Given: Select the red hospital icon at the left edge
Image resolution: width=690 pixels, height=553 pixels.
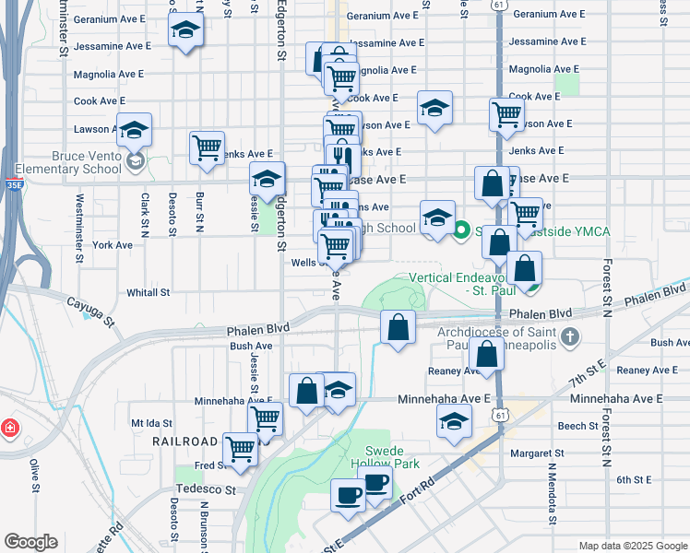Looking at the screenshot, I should [9, 428].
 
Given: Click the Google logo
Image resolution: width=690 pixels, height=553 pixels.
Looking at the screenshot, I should [30, 542].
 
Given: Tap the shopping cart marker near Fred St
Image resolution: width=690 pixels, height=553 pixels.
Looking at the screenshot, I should [241, 449].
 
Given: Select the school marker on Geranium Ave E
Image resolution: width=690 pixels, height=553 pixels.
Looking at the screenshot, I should [186, 30].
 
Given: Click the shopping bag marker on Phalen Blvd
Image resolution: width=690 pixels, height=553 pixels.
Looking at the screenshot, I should [398, 327].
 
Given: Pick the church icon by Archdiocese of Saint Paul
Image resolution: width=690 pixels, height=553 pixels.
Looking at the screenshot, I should [570, 337].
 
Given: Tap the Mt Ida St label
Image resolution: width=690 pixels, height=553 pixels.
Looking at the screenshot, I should [151, 422].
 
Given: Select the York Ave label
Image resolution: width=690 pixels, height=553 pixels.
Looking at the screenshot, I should [113, 245].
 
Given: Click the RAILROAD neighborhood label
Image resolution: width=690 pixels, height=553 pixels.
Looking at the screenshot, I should [185, 441].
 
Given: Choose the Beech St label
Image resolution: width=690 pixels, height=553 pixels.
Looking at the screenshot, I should [578, 426].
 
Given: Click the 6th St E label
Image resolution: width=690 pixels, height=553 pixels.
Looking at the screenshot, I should [635, 479].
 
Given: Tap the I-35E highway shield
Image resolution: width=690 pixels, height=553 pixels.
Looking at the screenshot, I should [12, 184].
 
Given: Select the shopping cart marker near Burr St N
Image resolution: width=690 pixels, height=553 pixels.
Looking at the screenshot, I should [208, 147].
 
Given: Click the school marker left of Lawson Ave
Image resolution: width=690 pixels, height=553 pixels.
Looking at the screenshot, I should [135, 130].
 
